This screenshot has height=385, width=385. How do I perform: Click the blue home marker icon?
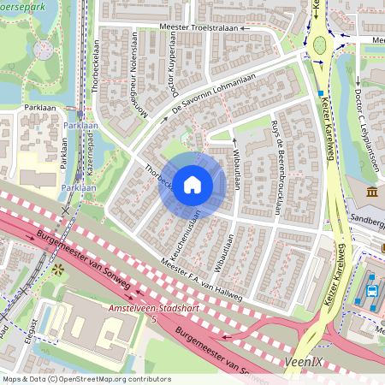192,184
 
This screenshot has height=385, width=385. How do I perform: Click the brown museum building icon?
372,192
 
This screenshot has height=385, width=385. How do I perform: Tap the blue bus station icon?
371,289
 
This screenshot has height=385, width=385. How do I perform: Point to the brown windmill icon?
59,270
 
